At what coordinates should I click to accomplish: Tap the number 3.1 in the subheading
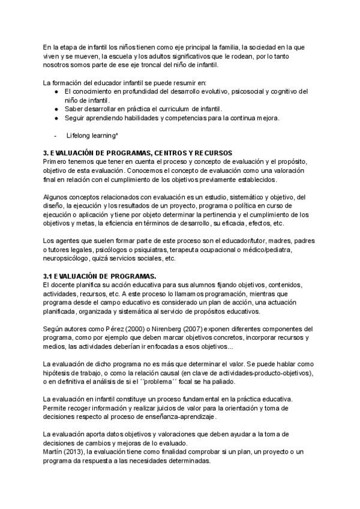click(49, 276)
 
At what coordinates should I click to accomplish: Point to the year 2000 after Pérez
click(119, 329)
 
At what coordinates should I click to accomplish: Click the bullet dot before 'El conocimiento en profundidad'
click(55, 91)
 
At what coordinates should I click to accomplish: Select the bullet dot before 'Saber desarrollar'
click(55, 109)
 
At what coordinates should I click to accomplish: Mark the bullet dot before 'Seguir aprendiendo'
click(55, 118)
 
